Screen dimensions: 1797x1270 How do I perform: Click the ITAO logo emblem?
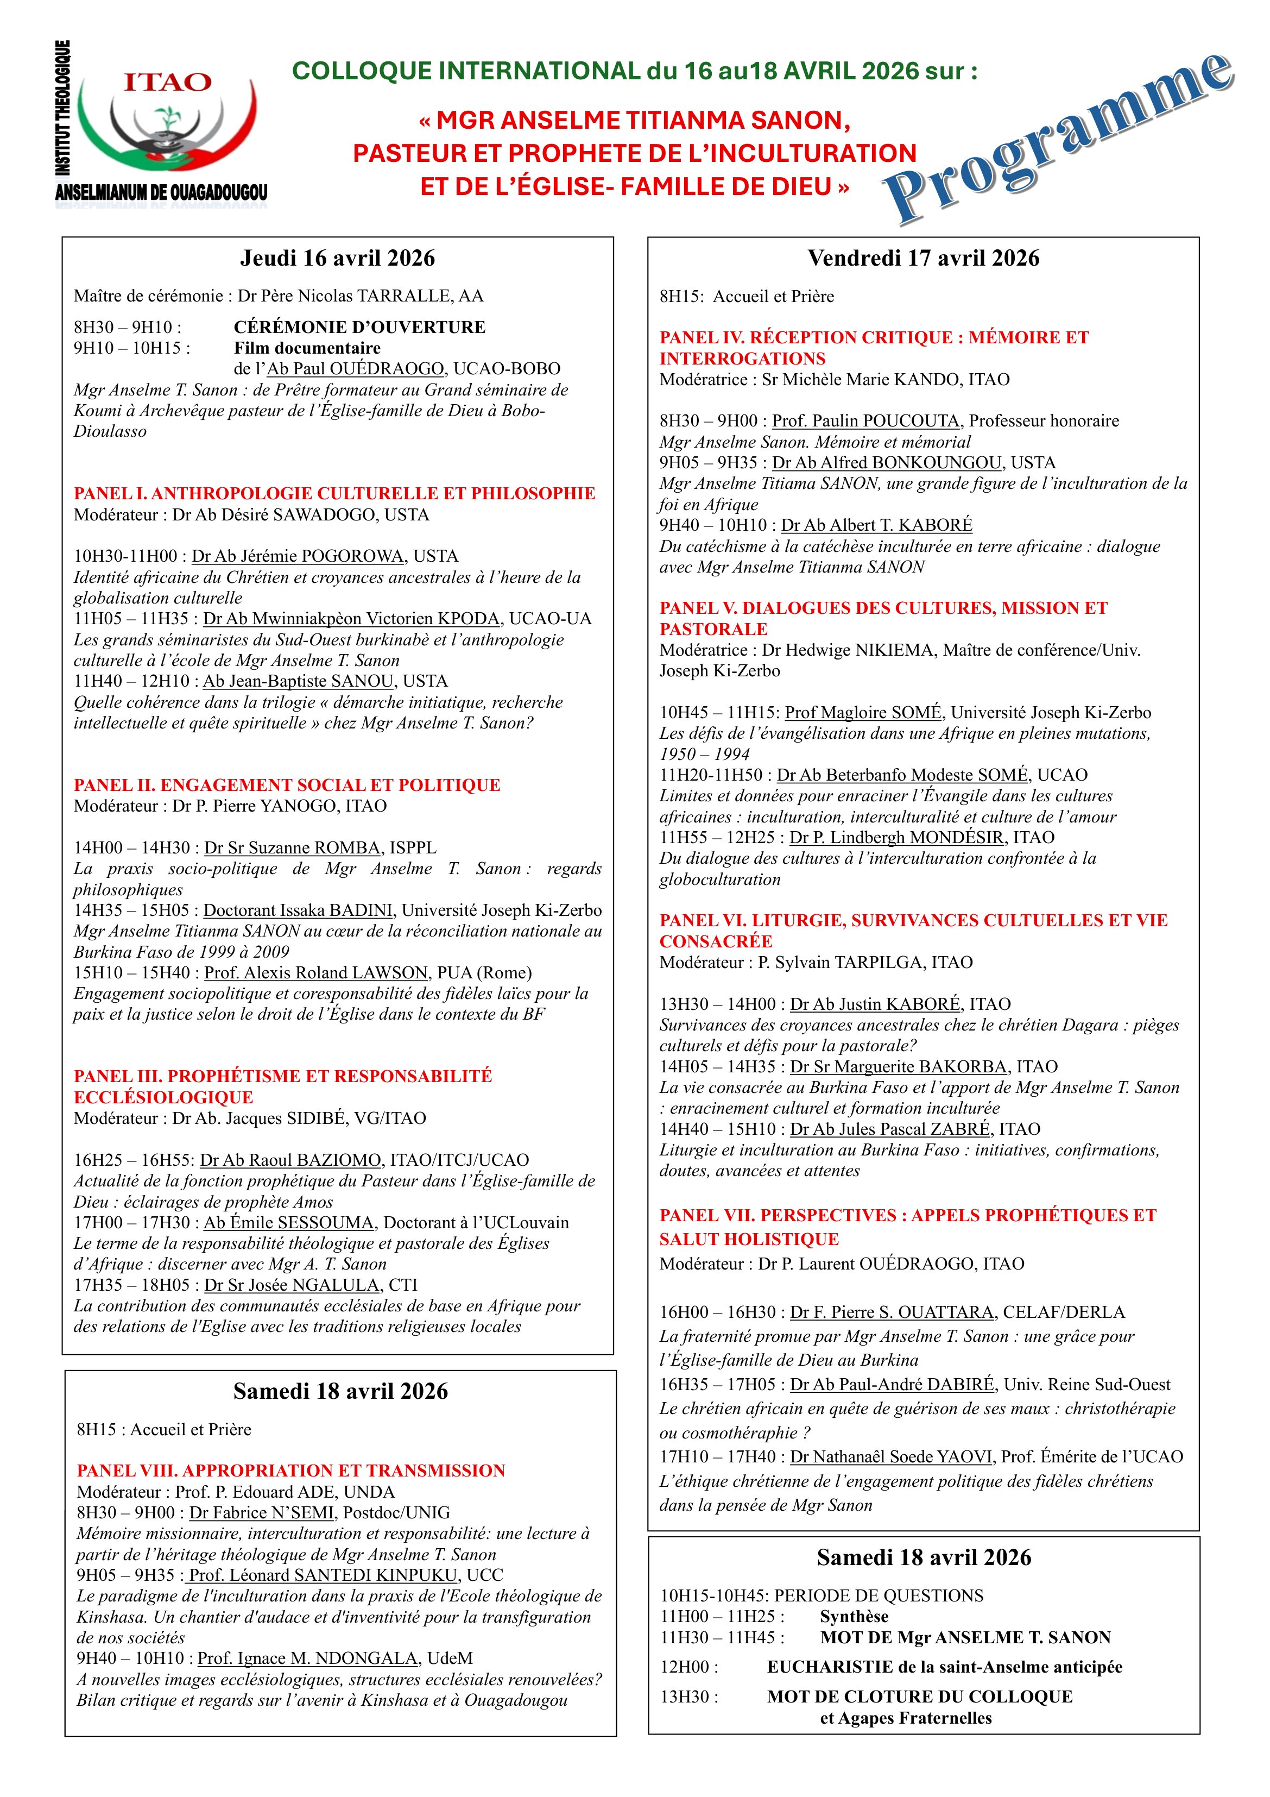(x=167, y=125)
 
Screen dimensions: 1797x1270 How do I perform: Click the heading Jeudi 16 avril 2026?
(x=337, y=258)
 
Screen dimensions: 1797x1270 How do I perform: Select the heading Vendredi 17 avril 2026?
(x=924, y=258)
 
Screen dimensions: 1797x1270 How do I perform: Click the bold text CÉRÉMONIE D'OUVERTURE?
(x=359, y=327)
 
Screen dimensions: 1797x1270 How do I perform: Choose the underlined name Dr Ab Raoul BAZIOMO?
(x=291, y=1160)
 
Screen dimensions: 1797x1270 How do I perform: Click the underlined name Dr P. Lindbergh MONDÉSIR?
(x=896, y=838)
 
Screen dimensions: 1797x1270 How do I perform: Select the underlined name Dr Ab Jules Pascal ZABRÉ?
(x=891, y=1129)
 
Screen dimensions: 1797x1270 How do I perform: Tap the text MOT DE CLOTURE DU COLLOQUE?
(x=919, y=1697)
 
